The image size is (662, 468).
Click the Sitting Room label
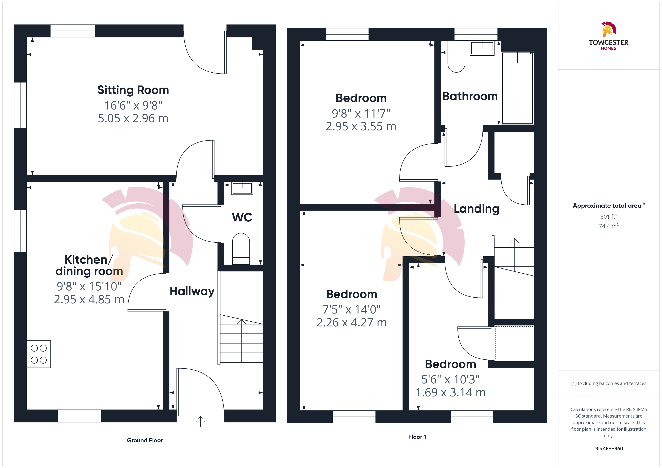pos(133,90)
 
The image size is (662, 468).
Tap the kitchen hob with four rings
pos(39,354)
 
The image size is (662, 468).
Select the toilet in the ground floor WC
pos(241,249)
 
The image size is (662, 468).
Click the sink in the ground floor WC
pos(242,188)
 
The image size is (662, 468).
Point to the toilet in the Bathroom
pos(456,56)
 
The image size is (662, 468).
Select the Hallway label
pos(192,291)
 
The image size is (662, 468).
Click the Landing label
pos(477,209)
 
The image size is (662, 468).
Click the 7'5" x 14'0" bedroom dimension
pos(351,310)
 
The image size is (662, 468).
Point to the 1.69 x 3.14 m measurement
pos(451,392)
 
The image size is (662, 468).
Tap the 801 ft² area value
pos(609,216)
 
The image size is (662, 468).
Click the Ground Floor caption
pos(145,440)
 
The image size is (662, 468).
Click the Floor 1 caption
pos(417,437)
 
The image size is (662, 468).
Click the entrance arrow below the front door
pos(200,421)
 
